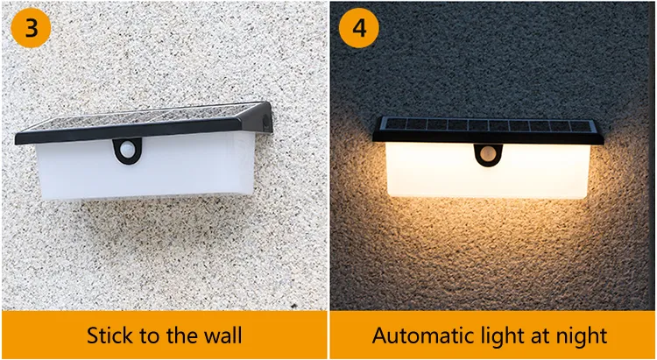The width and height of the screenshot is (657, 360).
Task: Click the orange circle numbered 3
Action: (31, 28)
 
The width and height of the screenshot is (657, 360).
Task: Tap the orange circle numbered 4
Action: (358, 28)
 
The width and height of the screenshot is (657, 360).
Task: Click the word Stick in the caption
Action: (109, 335)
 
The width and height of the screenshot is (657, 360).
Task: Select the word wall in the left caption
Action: (223, 335)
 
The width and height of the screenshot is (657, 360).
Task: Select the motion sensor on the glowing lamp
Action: (488, 154)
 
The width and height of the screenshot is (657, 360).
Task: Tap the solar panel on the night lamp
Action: (488, 125)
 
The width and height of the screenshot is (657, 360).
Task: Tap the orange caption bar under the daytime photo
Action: (165, 335)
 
